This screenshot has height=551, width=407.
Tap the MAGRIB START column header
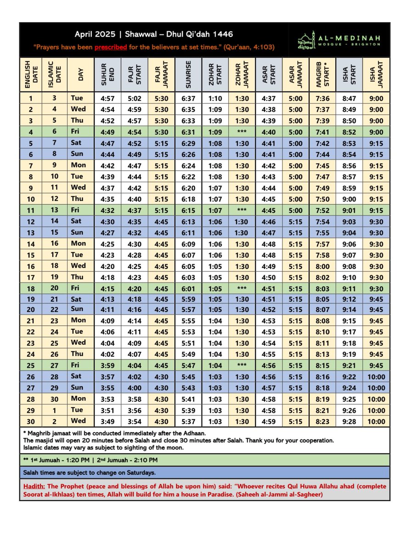tap(322, 74)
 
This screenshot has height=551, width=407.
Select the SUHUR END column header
tap(107, 74)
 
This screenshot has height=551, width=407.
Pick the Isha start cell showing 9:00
tap(349, 199)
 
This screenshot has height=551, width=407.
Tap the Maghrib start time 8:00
tap(322, 266)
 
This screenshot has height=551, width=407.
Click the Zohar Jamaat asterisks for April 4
tap(242, 132)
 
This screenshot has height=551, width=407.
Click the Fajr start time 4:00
tap(135, 388)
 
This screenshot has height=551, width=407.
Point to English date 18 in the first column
tap(31, 288)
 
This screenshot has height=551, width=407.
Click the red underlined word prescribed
tap(111, 47)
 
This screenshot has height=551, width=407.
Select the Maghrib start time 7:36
tap(322, 98)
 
